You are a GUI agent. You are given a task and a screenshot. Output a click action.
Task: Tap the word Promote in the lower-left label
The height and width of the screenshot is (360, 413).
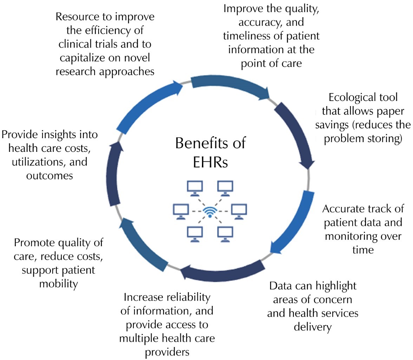(x=34, y=243)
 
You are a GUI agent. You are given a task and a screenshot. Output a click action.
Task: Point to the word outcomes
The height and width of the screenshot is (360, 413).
(x=50, y=175)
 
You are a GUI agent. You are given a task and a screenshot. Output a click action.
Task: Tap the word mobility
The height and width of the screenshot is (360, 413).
(x=58, y=283)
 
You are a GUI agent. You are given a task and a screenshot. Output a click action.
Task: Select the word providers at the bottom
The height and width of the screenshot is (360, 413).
(x=167, y=352)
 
